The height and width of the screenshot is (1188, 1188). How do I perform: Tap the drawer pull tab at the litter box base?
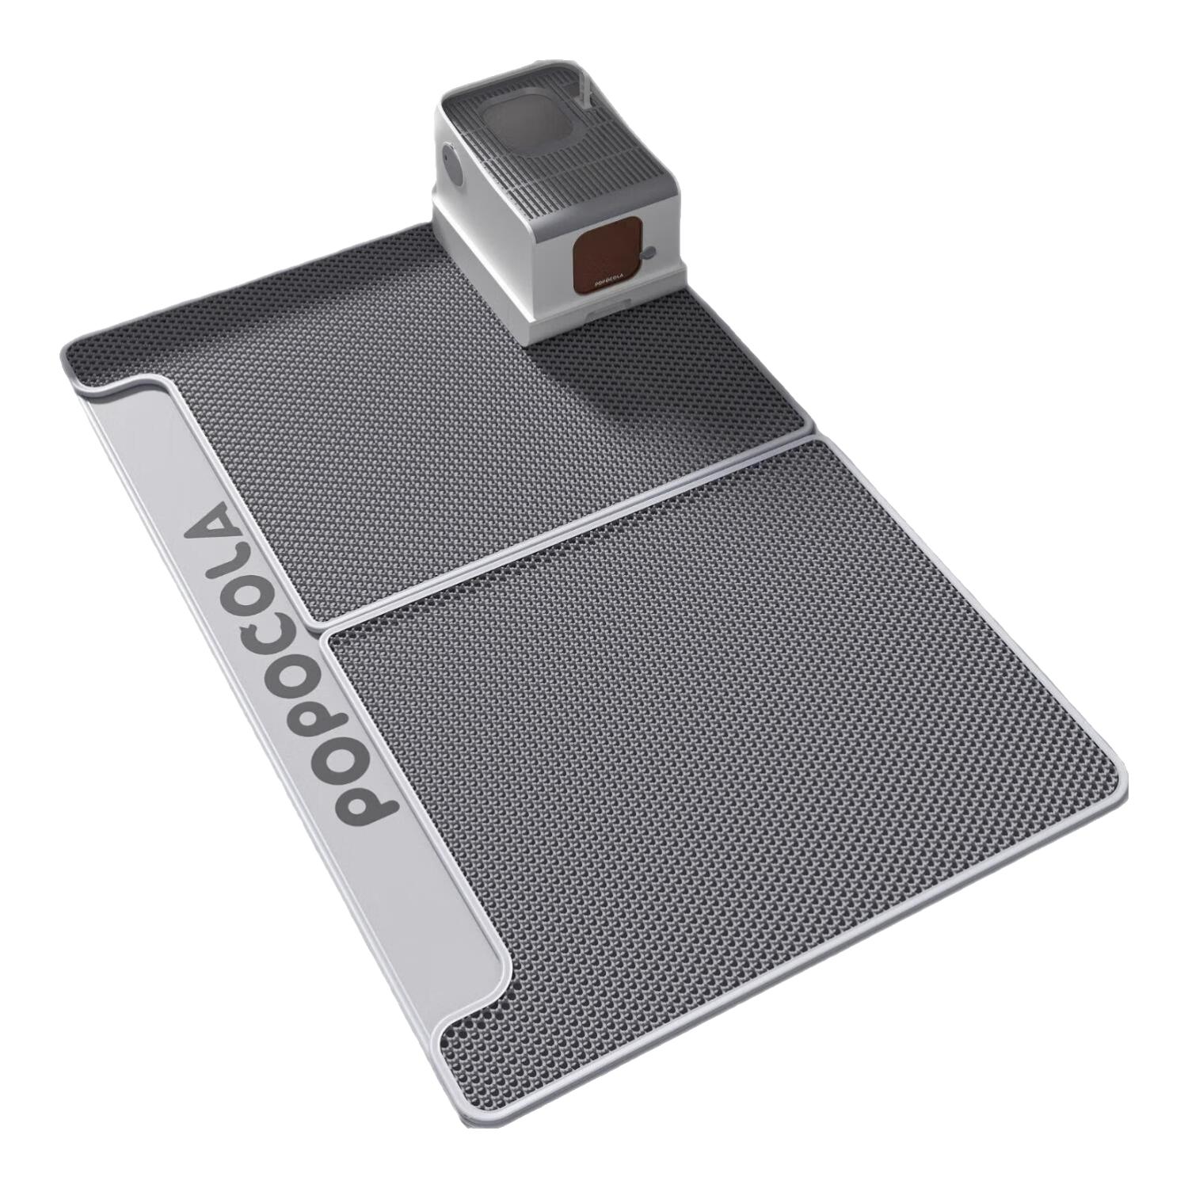pyautogui.click(x=601, y=318)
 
